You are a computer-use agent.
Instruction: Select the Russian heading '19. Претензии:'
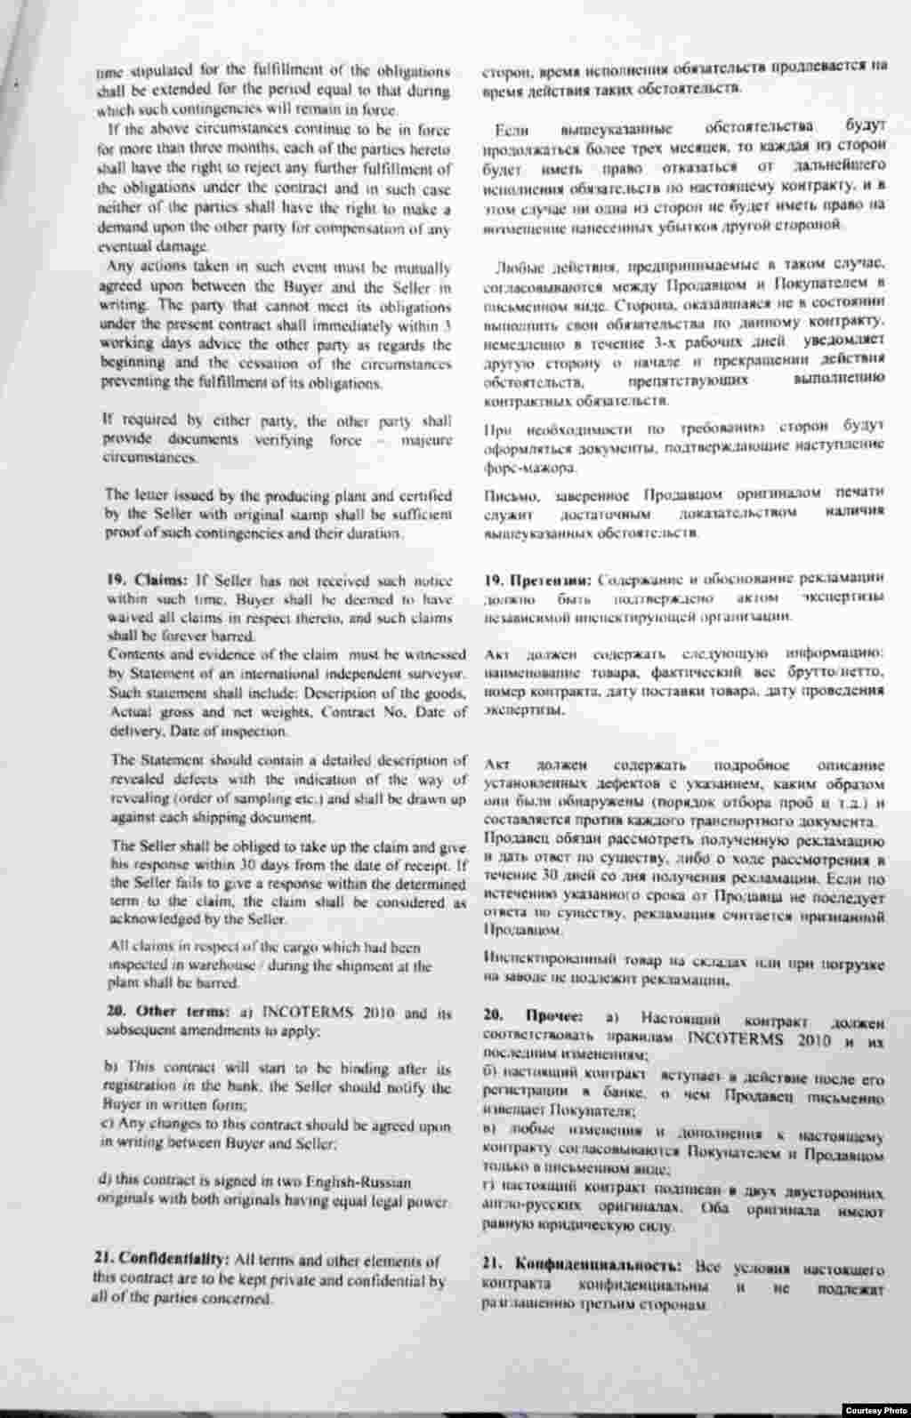[x=534, y=581]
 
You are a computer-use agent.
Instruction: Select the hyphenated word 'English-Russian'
[x=364, y=1182]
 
